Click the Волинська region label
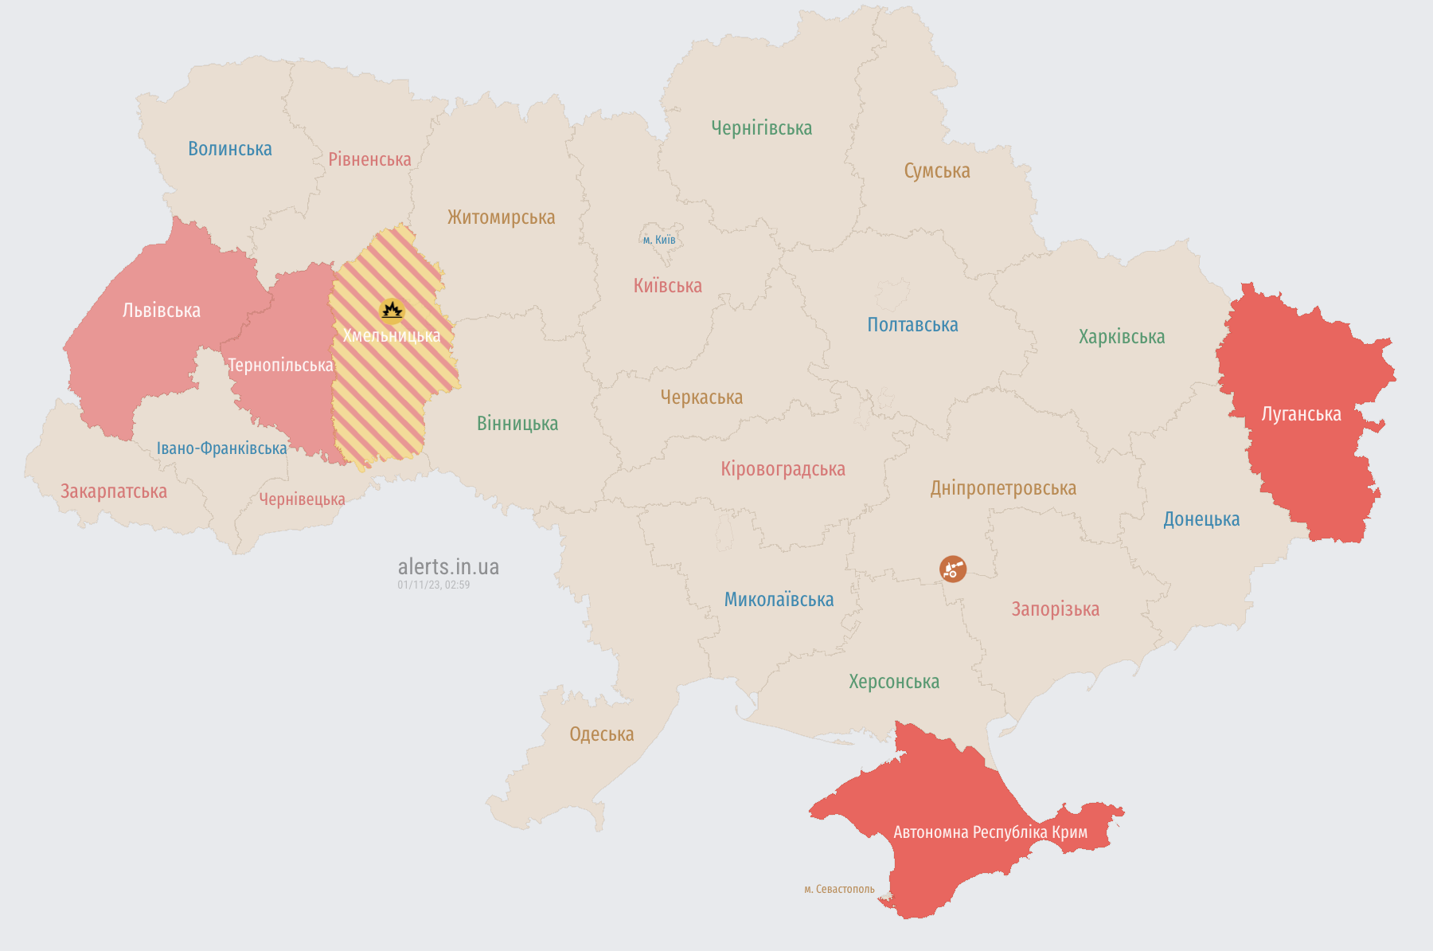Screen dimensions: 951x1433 click(229, 149)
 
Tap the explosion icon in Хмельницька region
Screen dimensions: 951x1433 click(391, 310)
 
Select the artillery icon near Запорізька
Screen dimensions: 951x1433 click(952, 569)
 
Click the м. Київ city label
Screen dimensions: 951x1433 click(658, 240)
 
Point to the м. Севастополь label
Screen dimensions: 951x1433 click(838, 889)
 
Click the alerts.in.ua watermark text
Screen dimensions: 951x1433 click(448, 567)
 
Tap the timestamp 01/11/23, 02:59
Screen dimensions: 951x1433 click(433, 585)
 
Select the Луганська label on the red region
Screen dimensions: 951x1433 click(1301, 414)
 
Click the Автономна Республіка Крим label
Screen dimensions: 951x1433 click(990, 832)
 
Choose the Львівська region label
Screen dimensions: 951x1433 click(161, 311)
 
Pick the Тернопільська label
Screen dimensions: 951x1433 click(280, 366)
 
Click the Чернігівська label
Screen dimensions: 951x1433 click(761, 128)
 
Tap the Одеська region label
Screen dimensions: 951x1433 click(601, 734)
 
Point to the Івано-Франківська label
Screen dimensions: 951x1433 click(221, 448)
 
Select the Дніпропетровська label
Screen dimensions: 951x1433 click(1002, 488)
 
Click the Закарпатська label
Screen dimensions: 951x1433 click(114, 491)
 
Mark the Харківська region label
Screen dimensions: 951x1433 click(1121, 337)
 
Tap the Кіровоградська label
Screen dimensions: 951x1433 click(783, 469)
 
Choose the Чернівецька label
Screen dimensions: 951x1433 click(302, 499)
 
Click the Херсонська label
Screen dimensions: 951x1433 click(893, 682)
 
